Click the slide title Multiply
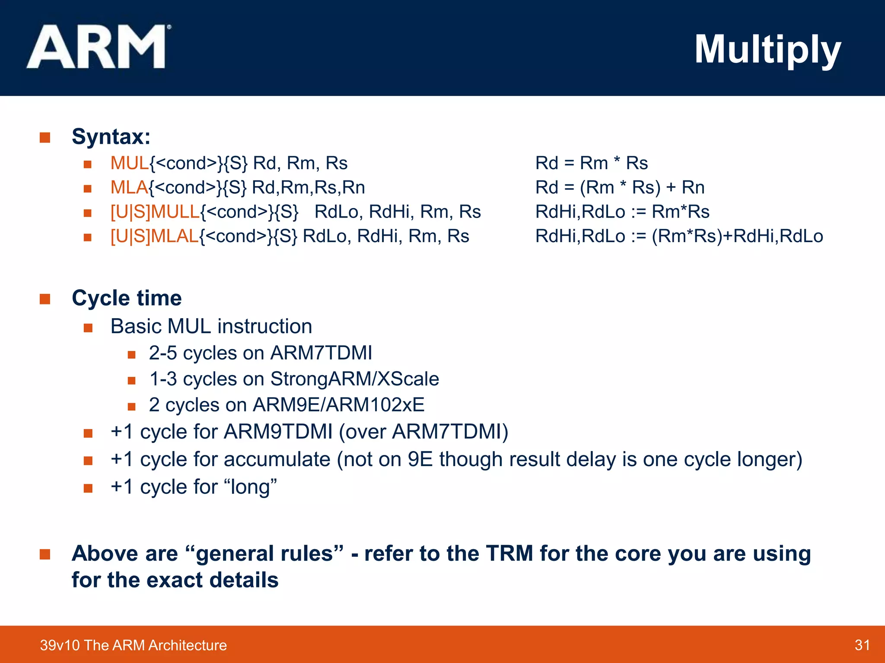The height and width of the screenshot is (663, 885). tap(767, 50)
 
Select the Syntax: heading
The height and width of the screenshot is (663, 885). tap(111, 136)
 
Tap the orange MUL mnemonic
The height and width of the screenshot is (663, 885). tap(129, 163)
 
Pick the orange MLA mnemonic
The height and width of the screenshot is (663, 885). tap(129, 187)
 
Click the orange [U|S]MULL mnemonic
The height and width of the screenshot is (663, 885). tap(155, 212)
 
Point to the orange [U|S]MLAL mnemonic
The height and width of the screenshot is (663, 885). tap(154, 236)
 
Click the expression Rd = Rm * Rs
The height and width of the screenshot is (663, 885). tap(591, 163)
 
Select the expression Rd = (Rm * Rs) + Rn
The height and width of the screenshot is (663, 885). tap(620, 187)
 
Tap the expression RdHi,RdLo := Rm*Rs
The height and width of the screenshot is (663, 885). tap(622, 212)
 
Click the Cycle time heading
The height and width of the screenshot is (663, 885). tap(127, 298)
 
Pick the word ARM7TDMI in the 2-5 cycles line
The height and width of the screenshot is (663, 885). tap(321, 353)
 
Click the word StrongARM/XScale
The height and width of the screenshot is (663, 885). tap(354, 379)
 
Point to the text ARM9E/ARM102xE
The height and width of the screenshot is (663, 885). tap(338, 405)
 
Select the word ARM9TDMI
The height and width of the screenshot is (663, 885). tap(278, 432)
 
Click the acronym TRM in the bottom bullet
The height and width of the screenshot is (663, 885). tap(509, 553)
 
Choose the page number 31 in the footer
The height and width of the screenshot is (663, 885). tap(862, 645)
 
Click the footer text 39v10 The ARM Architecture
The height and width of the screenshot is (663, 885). tap(133, 645)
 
